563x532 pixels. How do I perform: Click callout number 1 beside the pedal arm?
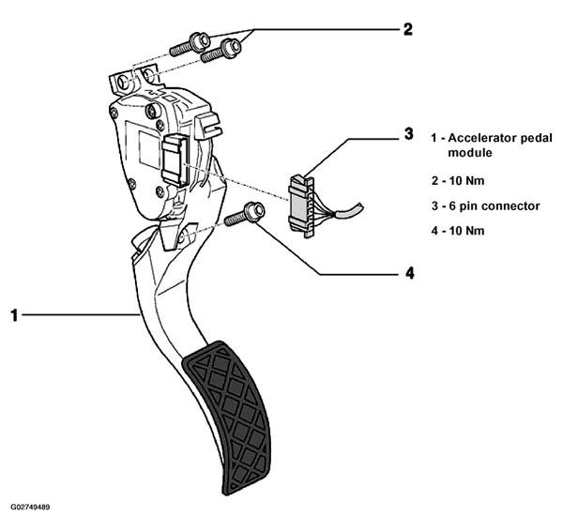pyautogui.click(x=14, y=315)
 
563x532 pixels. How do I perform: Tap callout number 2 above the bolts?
pyautogui.click(x=407, y=29)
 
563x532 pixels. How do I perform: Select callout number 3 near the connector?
pyautogui.click(x=408, y=134)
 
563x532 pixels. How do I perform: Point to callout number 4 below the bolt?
pyautogui.click(x=410, y=274)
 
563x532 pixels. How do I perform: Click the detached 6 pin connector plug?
pyautogui.click(x=301, y=206)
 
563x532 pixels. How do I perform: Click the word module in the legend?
pyautogui.click(x=470, y=153)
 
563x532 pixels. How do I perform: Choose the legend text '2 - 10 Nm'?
pyautogui.click(x=458, y=180)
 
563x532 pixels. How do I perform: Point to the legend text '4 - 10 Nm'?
pyautogui.click(x=458, y=231)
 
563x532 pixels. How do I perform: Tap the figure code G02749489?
pyautogui.click(x=30, y=508)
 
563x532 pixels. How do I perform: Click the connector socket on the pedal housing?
pyautogui.click(x=175, y=160)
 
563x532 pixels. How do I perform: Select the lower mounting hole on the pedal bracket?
pyautogui.click(x=182, y=236)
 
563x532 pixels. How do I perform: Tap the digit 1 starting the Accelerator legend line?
pyautogui.click(x=434, y=138)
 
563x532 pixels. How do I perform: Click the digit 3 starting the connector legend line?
pyautogui.click(x=434, y=206)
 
